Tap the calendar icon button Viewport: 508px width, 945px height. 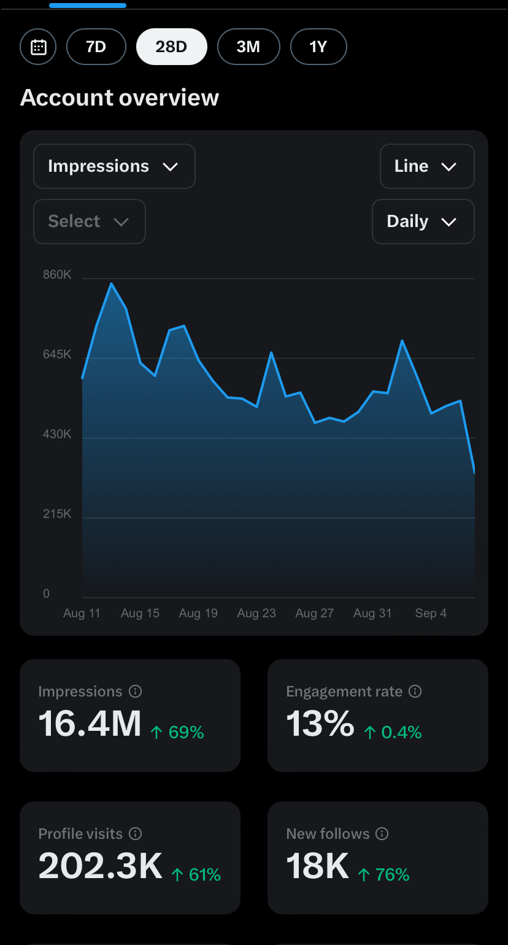(x=38, y=47)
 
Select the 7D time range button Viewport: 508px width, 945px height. (x=96, y=47)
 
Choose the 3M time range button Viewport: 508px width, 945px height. (x=248, y=47)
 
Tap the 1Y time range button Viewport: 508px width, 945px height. (x=318, y=47)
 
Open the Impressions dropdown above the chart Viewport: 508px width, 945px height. (x=114, y=166)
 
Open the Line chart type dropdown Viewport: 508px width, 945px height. (x=427, y=166)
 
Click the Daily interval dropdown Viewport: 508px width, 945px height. (x=423, y=222)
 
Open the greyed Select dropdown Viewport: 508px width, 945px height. (x=90, y=222)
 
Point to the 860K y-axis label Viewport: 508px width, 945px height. (x=57, y=275)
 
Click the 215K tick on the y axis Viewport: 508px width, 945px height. (x=57, y=514)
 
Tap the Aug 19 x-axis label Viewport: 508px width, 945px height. (x=198, y=613)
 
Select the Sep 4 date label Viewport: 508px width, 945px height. (x=431, y=613)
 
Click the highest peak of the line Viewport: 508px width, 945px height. (x=112, y=283)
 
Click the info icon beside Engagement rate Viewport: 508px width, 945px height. (x=415, y=691)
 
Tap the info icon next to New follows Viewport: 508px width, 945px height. (x=382, y=833)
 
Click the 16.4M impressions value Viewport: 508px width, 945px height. (x=90, y=723)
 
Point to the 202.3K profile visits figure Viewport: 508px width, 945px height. (x=101, y=866)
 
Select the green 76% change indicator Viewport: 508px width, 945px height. (x=383, y=874)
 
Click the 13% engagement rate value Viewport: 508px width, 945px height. (x=320, y=723)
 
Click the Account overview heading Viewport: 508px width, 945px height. (x=120, y=98)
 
